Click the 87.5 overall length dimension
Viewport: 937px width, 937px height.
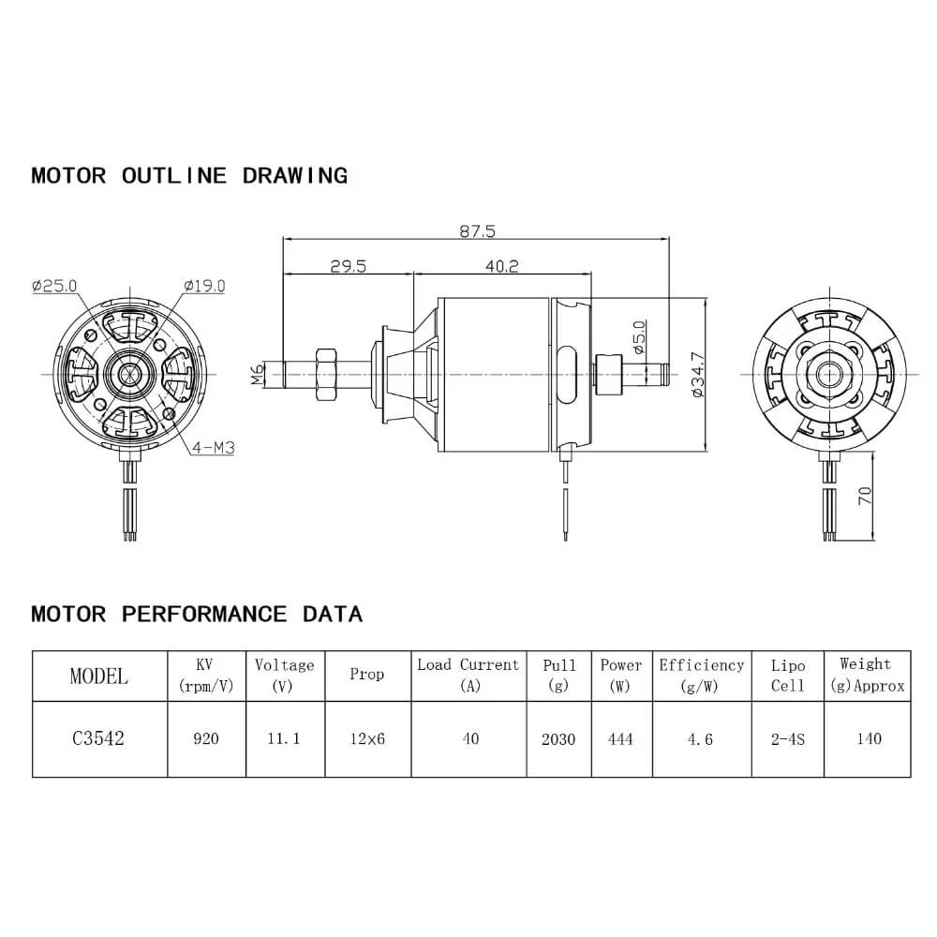[476, 229]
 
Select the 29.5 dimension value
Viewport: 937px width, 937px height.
[348, 266]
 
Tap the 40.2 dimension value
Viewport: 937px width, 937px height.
[502, 266]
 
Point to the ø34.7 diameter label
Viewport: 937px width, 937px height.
[695, 375]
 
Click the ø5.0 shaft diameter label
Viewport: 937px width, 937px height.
[639, 337]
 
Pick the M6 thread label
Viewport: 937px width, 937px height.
[258, 376]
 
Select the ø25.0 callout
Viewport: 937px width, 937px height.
[54, 286]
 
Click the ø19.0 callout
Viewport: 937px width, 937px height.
[204, 286]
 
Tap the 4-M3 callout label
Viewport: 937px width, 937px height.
[212, 448]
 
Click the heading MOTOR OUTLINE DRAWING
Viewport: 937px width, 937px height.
[189, 175]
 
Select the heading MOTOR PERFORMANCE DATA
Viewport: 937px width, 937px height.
[197, 615]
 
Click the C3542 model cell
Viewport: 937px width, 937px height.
[98, 738]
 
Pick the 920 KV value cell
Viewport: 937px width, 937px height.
[206, 739]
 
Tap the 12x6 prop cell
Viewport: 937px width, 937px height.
[366, 739]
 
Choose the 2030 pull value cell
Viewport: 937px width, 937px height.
[558, 739]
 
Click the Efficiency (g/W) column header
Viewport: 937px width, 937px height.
[701, 675]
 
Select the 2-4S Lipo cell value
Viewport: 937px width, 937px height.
[788, 739]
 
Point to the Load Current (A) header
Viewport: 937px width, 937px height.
[468, 675]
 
